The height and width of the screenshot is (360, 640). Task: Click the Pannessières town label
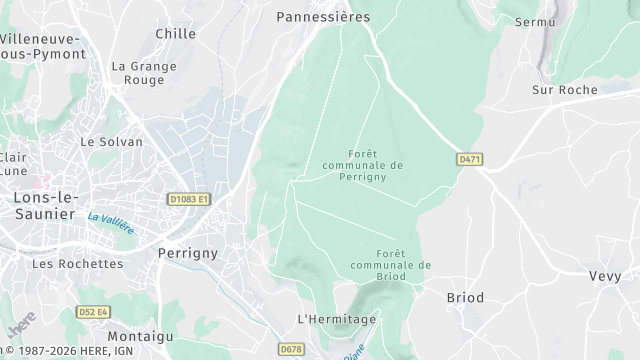[323, 17]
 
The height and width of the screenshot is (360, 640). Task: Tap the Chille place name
[175, 34]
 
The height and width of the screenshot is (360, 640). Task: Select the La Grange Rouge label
[144, 73]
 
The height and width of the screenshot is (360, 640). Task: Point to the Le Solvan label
[113, 142]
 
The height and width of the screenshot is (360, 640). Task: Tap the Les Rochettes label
[77, 264]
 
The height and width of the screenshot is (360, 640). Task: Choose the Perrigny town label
[188, 254]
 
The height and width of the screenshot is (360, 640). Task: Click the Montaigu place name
[134, 336]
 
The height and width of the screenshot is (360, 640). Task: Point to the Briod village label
[464, 298]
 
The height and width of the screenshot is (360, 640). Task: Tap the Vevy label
[605, 276]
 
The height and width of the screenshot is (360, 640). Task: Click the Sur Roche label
[565, 90]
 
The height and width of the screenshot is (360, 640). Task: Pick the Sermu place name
[535, 21]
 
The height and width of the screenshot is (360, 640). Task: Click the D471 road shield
[468, 159]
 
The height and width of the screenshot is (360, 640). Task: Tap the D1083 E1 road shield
[189, 200]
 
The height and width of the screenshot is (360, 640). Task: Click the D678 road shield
[291, 349]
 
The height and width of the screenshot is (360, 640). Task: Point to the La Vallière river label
[110, 222]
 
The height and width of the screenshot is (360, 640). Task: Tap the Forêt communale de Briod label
[391, 260]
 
